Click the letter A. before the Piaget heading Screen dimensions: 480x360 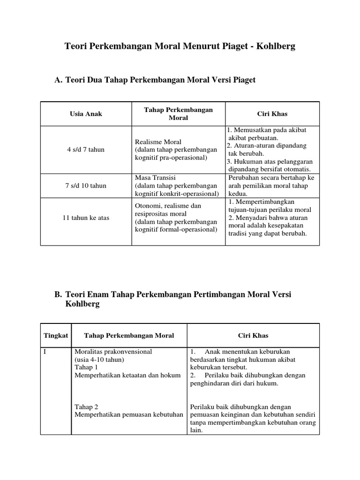(x=59, y=80)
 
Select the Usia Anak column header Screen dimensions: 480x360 (x=86, y=114)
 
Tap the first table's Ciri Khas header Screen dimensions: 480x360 (x=272, y=114)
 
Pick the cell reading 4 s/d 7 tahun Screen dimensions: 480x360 (x=86, y=150)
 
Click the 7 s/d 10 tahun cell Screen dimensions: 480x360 (x=86, y=186)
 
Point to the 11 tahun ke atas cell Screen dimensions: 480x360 (x=86, y=218)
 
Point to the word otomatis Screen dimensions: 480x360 (x=297, y=169)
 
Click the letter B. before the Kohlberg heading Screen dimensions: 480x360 (x=59, y=294)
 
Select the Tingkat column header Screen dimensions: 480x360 (x=56, y=336)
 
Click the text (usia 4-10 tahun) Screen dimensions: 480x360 (x=99, y=359)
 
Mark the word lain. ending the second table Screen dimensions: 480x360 (x=196, y=431)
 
